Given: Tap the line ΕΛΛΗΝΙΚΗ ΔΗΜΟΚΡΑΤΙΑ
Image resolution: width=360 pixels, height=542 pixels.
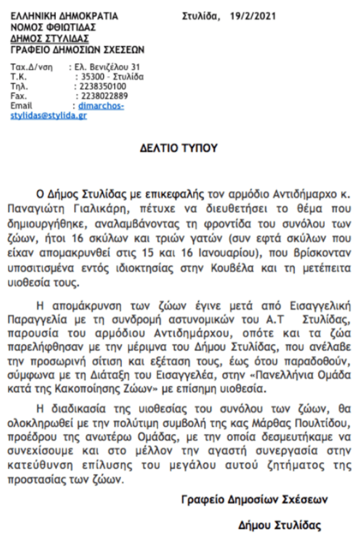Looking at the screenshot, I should tap(65, 16).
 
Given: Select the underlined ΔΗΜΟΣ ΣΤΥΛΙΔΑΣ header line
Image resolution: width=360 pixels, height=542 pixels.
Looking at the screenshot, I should tap(50, 39).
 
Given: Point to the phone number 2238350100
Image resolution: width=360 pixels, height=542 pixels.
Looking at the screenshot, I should tap(103, 86).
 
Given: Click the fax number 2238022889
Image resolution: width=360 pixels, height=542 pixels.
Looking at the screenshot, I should tap(103, 96).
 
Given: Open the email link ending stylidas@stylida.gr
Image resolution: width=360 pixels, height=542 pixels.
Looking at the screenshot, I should tap(49, 115).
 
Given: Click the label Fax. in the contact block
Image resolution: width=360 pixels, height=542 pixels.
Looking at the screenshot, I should tap(19, 96).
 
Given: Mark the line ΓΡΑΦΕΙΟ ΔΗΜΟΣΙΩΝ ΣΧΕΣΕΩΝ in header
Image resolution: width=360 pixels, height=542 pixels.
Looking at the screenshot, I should tap(78, 50).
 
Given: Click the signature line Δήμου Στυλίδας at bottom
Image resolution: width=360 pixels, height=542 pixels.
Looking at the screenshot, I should tap(280, 525).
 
